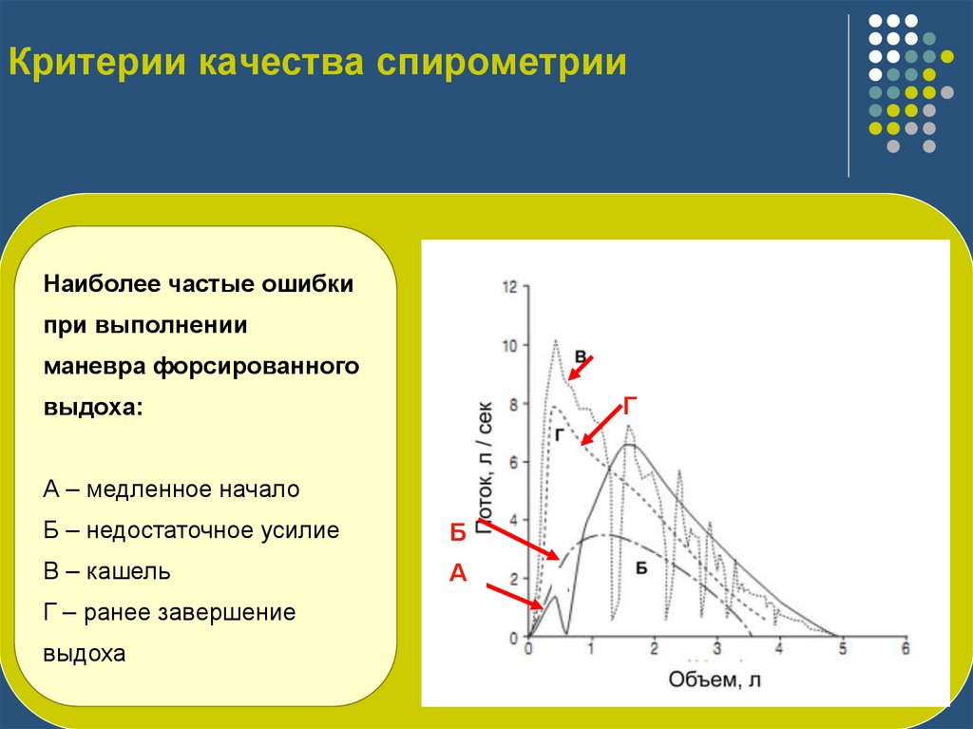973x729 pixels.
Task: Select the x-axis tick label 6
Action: (x=905, y=648)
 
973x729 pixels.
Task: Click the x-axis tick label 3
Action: (x=716, y=648)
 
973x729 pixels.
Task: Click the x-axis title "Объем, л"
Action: (x=715, y=679)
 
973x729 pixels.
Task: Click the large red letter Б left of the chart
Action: (x=457, y=533)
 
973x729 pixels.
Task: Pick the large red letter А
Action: (x=457, y=572)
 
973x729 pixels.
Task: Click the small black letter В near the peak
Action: (x=579, y=355)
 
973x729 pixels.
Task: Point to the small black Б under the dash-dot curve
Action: (x=641, y=567)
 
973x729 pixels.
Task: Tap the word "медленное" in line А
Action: (x=134, y=489)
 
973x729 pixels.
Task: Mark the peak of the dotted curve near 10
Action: (x=555, y=340)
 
